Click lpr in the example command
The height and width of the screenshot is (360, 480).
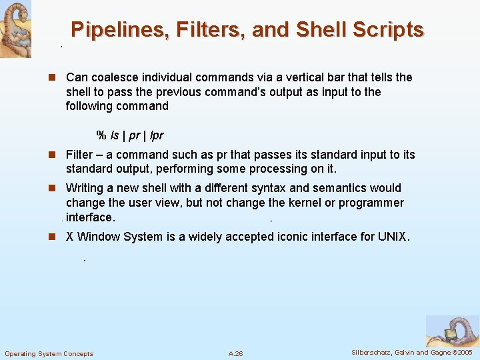(x=156, y=135)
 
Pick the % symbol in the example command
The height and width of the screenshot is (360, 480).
(x=101, y=135)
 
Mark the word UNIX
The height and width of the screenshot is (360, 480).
(x=394, y=237)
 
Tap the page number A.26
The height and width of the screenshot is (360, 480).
(x=235, y=353)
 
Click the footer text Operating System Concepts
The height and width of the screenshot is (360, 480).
(x=49, y=353)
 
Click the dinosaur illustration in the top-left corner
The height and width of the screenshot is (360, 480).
(x=15, y=28)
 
